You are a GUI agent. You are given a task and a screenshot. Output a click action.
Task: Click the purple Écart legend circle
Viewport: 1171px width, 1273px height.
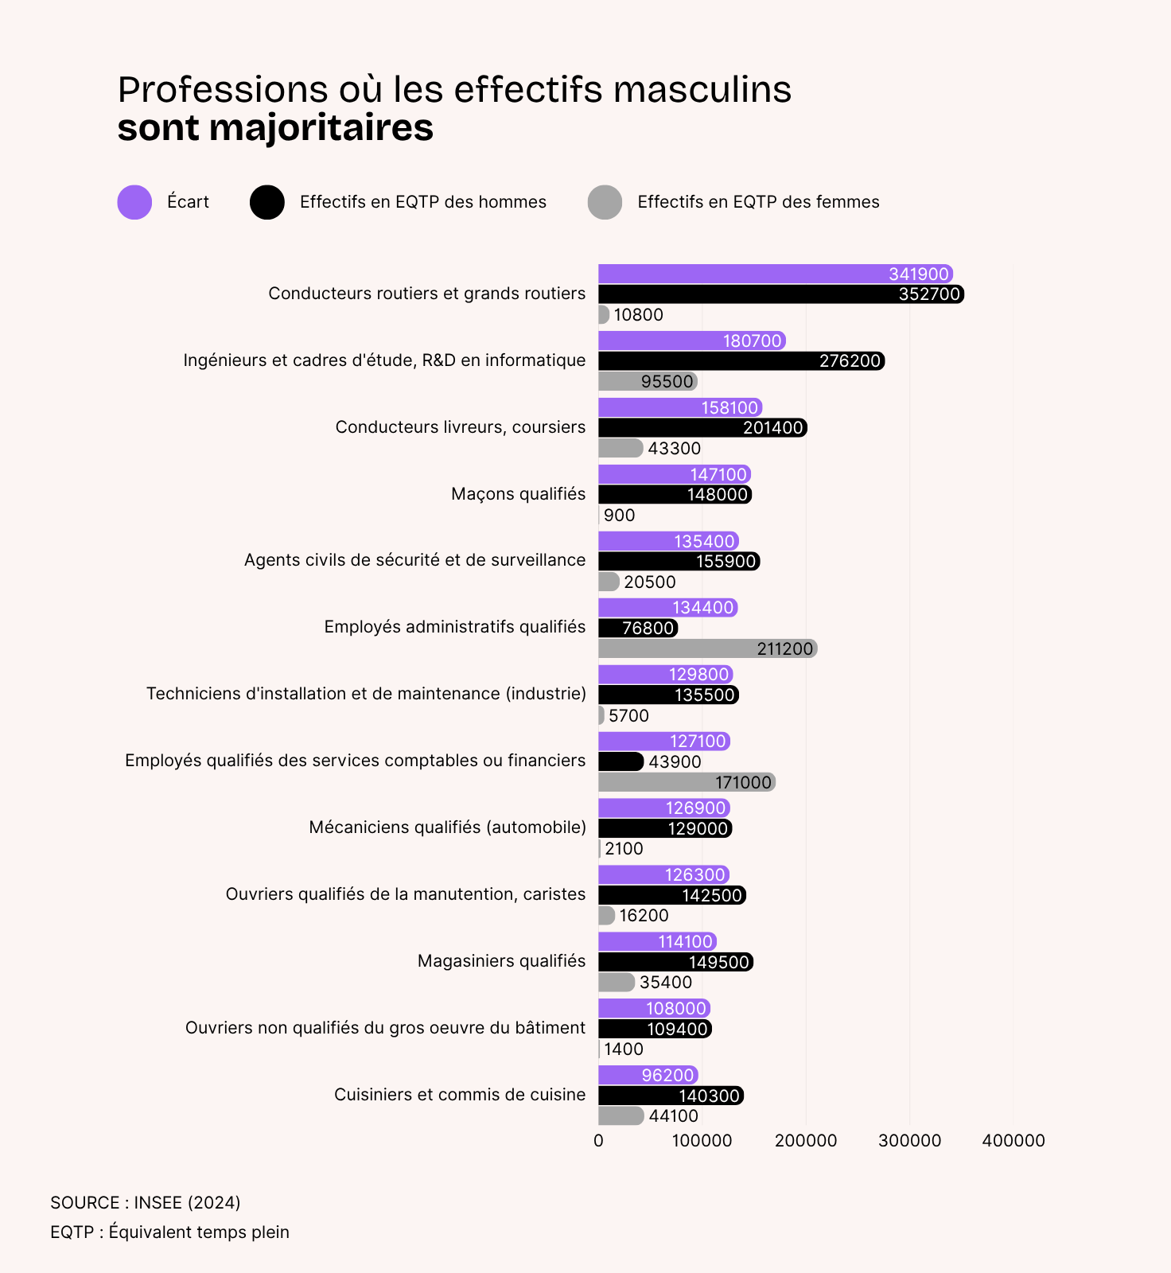coord(134,202)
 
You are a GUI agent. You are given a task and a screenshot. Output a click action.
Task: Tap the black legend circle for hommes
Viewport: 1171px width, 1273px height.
coord(267,202)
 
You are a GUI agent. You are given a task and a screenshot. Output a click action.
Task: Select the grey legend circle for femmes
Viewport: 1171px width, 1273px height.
coord(605,202)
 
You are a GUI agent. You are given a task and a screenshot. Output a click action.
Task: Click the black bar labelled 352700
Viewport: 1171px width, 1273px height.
coord(780,294)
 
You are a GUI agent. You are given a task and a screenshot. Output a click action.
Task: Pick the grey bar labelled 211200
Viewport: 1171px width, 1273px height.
coord(707,648)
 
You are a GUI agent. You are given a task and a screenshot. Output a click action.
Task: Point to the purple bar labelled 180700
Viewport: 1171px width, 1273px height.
coord(691,341)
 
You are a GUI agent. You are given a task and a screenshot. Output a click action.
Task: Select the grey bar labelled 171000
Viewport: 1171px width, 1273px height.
coord(687,782)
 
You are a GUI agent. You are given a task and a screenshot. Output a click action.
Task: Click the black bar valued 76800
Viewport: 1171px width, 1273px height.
coord(637,628)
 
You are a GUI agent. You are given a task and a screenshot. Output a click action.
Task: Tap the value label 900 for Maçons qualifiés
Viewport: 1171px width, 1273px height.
coord(619,516)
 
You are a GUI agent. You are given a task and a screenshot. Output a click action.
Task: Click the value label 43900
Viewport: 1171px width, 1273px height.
coord(675,761)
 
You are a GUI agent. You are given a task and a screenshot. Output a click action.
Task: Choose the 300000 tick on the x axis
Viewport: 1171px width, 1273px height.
coord(909,1140)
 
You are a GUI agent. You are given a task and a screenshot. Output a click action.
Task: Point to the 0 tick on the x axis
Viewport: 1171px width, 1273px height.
coord(598,1140)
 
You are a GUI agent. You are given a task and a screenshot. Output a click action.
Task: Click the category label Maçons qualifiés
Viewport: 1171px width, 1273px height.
coord(518,494)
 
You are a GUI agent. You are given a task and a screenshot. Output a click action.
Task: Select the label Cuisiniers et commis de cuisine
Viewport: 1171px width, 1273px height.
coord(460,1095)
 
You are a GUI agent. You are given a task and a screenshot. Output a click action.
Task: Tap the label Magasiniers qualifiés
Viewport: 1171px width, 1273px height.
coord(501,961)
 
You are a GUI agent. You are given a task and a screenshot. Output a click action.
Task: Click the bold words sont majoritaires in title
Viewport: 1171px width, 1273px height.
coord(275,128)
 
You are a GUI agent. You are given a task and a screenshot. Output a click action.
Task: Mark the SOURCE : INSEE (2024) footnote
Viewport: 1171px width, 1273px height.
coord(146,1202)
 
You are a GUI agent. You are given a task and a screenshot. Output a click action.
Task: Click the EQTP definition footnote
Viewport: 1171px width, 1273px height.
coord(169,1232)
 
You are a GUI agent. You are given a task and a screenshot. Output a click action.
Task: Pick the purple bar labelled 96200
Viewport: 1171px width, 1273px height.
coord(648,1075)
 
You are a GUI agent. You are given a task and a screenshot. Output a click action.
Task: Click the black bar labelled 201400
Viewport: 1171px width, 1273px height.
coord(702,427)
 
